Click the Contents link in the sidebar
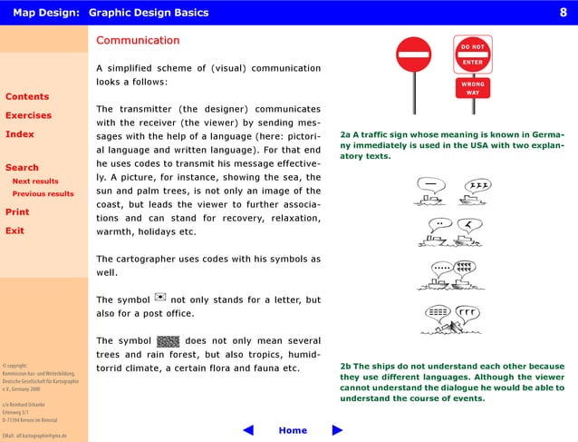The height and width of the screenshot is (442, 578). pos(27,96)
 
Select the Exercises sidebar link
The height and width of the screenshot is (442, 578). pos(28,115)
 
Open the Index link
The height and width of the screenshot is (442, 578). pos(20,134)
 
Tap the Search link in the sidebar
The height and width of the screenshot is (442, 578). pos(22,167)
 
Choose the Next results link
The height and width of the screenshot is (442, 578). pos(35,182)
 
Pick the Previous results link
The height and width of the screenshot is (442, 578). pos(43,193)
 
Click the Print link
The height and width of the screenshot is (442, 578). pos(17,211)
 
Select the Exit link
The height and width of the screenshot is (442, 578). pos(14,231)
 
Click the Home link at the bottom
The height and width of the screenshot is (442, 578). pos(293,430)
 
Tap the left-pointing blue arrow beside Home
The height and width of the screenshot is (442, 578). pos(248,430)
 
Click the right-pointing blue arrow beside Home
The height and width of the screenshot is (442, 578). pos(338,430)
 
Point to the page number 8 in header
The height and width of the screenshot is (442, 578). pos(563,12)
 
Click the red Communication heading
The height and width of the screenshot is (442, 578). pos(138,41)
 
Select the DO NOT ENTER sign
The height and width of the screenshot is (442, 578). pos(472,54)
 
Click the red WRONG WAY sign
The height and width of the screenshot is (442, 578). pos(472,89)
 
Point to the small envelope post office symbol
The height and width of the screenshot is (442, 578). pos(160,298)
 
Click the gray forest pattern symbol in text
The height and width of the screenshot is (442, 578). pos(169,341)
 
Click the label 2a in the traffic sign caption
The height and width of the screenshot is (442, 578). pos(345,134)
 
